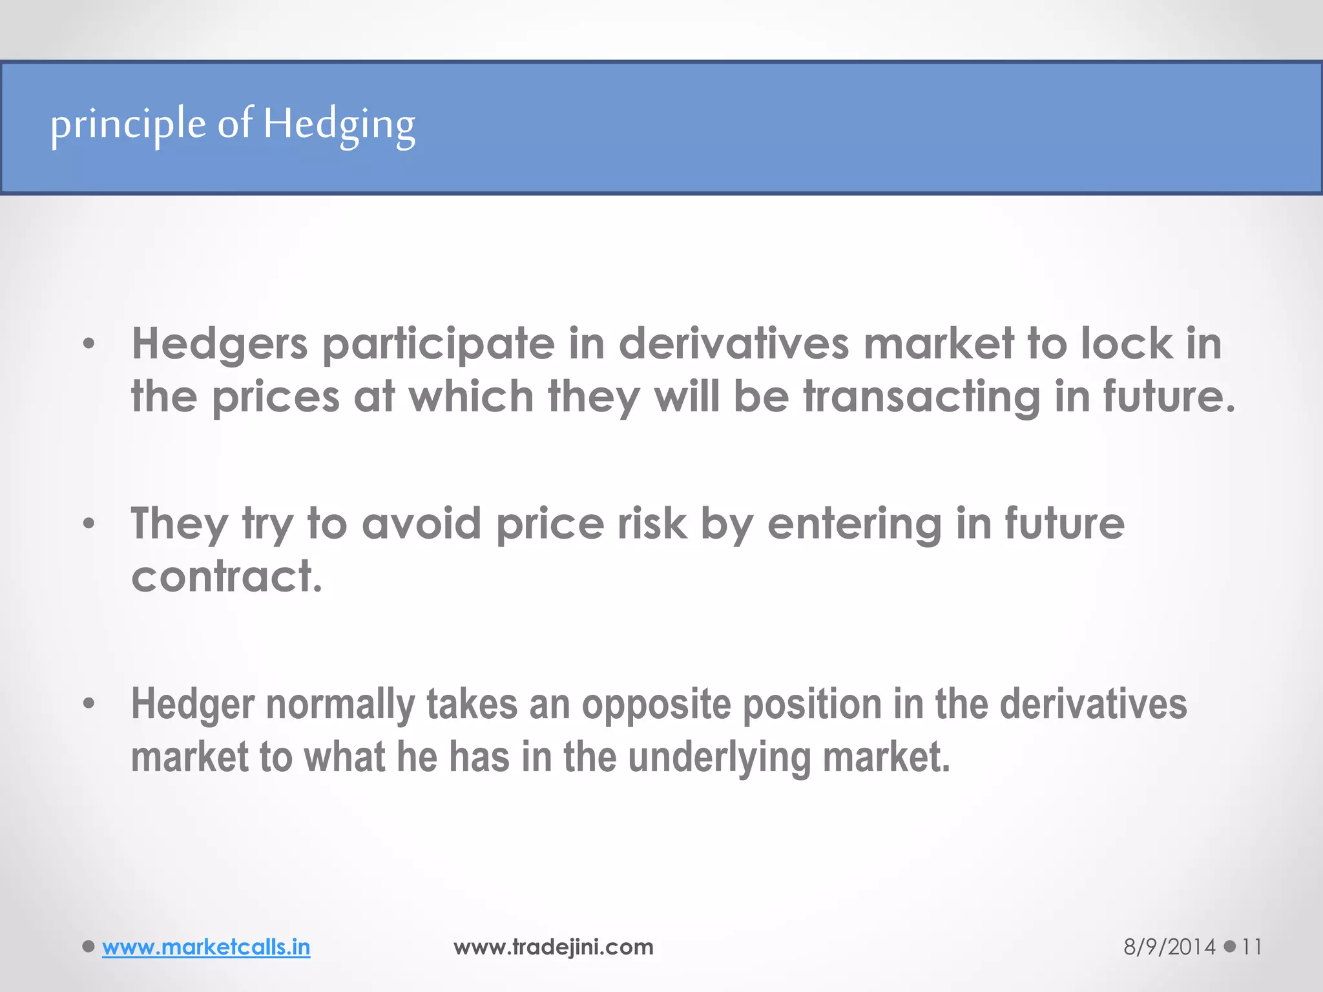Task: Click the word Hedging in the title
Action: pyautogui.click(x=339, y=125)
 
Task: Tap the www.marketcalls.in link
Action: pyautogui.click(x=206, y=947)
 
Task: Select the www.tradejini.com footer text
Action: pyautogui.click(x=554, y=947)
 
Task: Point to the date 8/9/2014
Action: pyautogui.click(x=1169, y=947)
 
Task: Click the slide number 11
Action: pyautogui.click(x=1251, y=947)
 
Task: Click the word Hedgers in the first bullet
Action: pyautogui.click(x=220, y=344)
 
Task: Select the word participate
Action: pyautogui.click(x=439, y=345)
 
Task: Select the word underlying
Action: pyautogui.click(x=719, y=758)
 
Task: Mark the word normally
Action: pyautogui.click(x=340, y=705)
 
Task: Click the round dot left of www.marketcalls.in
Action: pyautogui.click(x=89, y=947)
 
